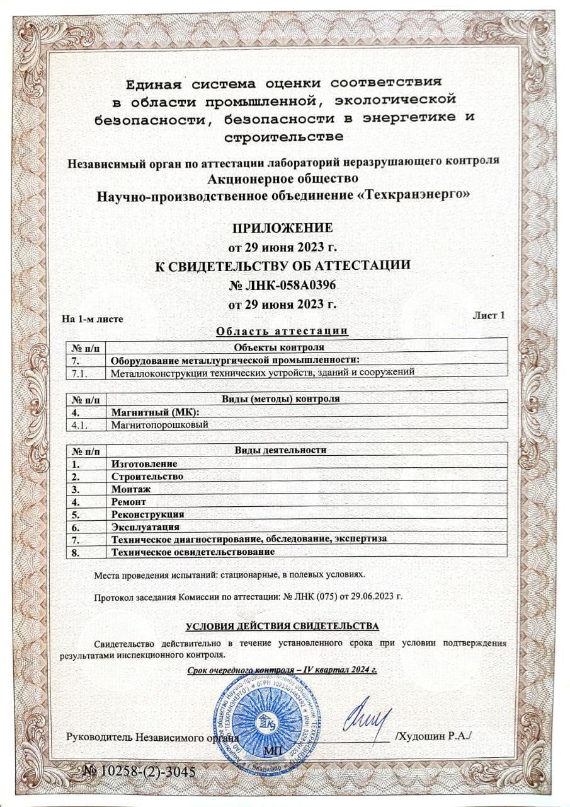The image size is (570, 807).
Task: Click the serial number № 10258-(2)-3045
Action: coord(140,771)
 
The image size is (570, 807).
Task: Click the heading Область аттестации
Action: coord(282,332)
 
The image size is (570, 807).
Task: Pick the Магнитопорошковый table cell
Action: coord(159,424)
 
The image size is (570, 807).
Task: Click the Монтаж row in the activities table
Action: coord(131,489)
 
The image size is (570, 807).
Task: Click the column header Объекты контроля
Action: coord(278,347)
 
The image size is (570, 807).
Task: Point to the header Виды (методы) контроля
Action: coord(281,399)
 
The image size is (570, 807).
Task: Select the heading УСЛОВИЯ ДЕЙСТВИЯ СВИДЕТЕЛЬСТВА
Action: coord(283,626)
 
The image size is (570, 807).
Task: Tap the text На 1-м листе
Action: coord(91,318)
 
